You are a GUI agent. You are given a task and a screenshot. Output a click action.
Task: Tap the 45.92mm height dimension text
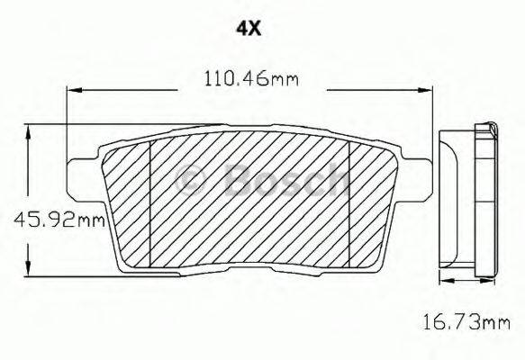tap(54, 219)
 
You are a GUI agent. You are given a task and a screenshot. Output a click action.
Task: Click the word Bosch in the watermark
tap(284, 180)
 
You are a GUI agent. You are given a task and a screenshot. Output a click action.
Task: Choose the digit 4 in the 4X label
tap(240, 28)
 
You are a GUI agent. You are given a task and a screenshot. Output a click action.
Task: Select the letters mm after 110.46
tap(285, 79)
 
